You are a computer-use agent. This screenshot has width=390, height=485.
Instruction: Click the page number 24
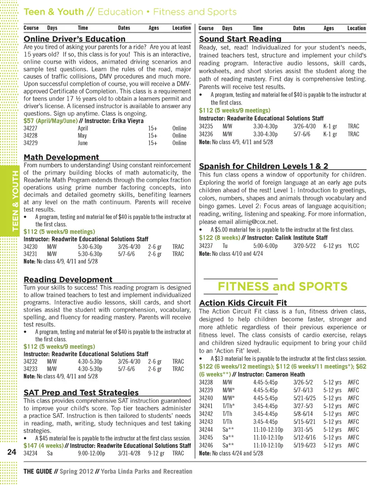(11, 452)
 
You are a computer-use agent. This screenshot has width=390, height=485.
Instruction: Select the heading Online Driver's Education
(75, 39)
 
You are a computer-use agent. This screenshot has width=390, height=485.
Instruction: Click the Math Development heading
(61, 157)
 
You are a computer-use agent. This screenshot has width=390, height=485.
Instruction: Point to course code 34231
(31, 254)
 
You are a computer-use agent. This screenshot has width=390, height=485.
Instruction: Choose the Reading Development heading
(68, 280)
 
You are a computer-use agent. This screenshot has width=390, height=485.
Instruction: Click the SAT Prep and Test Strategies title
(81, 393)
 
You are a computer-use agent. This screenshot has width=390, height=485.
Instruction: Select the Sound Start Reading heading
(240, 39)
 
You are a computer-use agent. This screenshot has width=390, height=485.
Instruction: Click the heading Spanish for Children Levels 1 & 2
(264, 166)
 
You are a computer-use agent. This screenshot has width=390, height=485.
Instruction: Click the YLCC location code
(353, 246)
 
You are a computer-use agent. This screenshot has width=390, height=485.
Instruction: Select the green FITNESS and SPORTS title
(282, 287)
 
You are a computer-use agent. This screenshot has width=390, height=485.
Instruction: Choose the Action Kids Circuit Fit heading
(243, 303)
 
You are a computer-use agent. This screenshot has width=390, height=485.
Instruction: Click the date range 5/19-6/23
(305, 445)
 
